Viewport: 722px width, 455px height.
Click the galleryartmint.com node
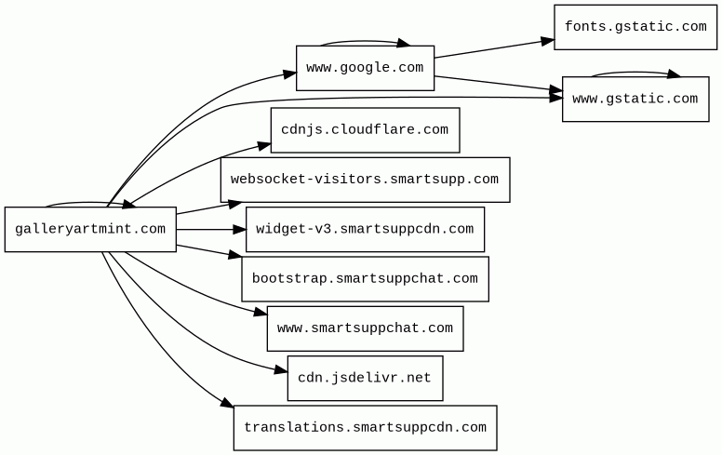[x=90, y=229]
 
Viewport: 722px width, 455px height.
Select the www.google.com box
[x=365, y=68]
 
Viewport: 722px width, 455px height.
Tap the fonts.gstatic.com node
[x=635, y=27]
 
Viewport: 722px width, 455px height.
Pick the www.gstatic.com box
[x=635, y=99]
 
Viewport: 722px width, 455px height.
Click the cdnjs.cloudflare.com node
[x=365, y=130]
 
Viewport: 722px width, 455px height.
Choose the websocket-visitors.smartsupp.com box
[x=365, y=180]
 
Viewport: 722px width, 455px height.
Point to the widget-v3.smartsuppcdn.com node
[x=365, y=229]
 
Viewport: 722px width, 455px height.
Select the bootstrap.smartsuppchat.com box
[x=365, y=279]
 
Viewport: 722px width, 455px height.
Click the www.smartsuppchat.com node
[x=365, y=328]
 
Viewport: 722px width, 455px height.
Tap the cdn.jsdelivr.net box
[x=365, y=378]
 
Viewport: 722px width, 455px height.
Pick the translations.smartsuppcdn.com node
[x=365, y=428]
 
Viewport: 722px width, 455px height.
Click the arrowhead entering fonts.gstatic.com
[x=548, y=41]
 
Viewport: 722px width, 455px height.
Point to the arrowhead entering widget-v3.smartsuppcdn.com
[x=240, y=229]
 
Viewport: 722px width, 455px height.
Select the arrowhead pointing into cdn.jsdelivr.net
[x=281, y=369]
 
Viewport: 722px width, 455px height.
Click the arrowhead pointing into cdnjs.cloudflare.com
[x=264, y=146]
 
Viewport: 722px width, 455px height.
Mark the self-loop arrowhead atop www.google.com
[x=404, y=43]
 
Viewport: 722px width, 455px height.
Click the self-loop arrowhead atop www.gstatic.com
[x=675, y=74]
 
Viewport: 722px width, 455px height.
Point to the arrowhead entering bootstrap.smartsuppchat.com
[x=235, y=254]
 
